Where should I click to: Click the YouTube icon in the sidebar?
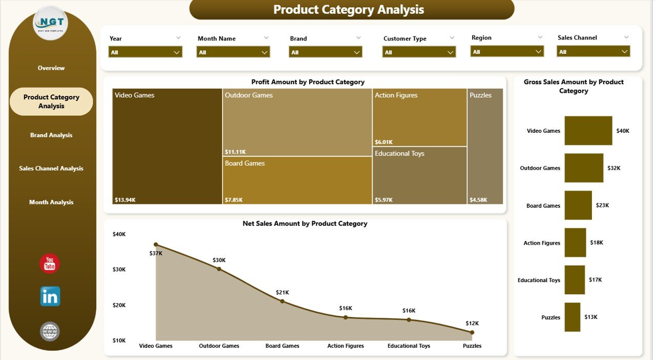point(50,264)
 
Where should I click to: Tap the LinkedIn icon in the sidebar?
point(50,296)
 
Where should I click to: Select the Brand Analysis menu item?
point(51,135)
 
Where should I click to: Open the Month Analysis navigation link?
point(51,202)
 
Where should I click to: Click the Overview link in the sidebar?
point(51,68)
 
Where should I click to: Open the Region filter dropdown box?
point(507,51)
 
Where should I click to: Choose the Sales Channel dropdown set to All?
point(593,51)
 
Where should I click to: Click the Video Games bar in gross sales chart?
point(588,131)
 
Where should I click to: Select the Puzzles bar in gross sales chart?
point(572,317)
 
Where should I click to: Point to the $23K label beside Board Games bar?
point(602,206)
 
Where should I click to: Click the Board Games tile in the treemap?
point(297,180)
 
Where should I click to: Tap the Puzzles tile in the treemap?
point(485,146)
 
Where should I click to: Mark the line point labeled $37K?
point(156,245)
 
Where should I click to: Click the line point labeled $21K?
point(282,302)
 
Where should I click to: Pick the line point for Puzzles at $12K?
point(472,332)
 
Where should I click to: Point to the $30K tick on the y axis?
point(119,269)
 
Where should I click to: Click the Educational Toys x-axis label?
point(409,346)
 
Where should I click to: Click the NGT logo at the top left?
point(50,23)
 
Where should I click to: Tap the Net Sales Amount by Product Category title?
point(305,224)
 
